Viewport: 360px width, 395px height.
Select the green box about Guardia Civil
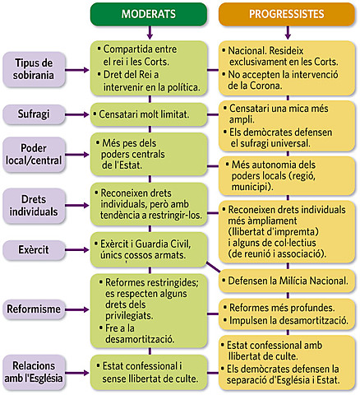tap(150, 247)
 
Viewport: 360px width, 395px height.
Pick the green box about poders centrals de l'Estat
tap(150, 154)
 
